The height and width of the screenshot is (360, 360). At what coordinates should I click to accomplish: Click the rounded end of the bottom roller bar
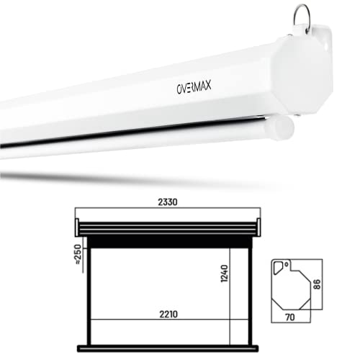pos(287,130)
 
